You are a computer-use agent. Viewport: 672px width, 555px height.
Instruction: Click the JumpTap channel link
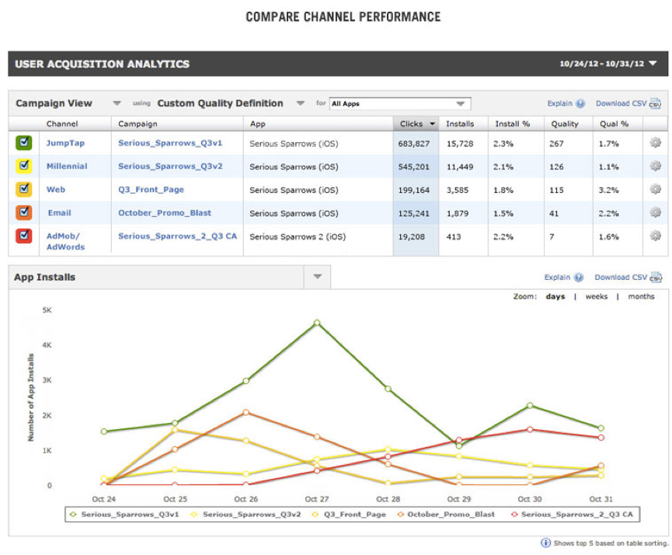66,144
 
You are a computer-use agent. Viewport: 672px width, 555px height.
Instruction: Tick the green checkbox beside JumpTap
23,143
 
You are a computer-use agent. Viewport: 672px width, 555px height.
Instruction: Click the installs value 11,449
459,166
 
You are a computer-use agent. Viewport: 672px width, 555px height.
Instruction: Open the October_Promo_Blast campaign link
165,213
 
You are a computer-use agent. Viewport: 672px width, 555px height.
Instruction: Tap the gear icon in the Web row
655,189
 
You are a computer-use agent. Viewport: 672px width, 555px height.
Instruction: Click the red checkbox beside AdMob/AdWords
23,235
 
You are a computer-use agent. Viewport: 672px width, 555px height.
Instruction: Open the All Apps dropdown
399,103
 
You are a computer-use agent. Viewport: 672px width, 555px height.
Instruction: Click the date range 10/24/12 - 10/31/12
601,64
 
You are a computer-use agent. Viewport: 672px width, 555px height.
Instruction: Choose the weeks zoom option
597,296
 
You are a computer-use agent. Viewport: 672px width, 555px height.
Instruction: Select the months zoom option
641,296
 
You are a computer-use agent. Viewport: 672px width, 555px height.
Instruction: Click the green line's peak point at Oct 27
317,323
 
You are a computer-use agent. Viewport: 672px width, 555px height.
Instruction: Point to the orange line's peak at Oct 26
245,413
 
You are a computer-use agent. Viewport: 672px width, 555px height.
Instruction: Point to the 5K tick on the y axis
47,309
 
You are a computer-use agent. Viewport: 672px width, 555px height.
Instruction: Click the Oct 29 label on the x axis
458,499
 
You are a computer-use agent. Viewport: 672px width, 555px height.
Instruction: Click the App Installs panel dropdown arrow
317,277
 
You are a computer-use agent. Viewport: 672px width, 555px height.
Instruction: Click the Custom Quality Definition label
220,103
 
